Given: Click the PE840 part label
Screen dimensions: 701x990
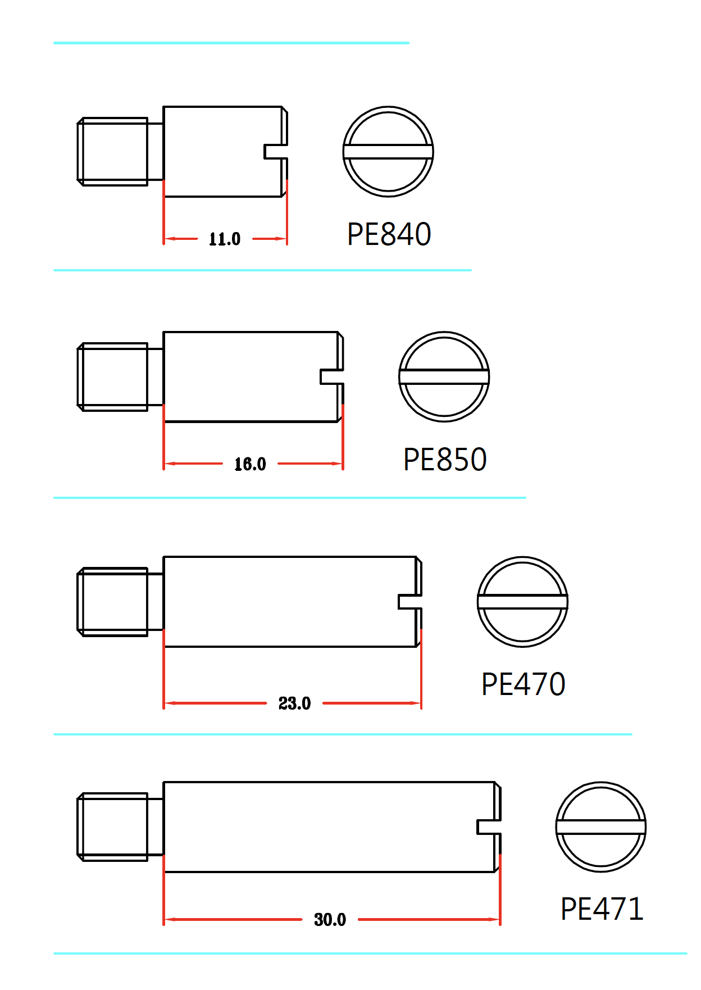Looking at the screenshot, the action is click(x=389, y=234).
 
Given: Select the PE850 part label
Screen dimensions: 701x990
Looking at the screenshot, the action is click(x=445, y=460).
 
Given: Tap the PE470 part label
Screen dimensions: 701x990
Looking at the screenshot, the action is click(x=523, y=684).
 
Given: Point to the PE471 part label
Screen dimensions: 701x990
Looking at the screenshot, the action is click(x=602, y=909).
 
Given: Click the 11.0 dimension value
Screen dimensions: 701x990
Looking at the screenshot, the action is click(x=225, y=239).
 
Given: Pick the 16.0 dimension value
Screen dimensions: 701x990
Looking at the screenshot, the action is click(x=250, y=464).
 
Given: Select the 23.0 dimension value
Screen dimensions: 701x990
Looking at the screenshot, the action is click(x=294, y=703).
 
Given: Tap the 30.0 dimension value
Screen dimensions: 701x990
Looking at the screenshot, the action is click(x=330, y=920).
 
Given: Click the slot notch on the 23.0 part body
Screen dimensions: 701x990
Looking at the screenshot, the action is click(x=410, y=602).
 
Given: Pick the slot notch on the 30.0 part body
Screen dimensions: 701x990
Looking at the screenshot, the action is click(x=489, y=827).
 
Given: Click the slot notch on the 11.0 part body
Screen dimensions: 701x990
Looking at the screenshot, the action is click(x=276, y=152).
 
